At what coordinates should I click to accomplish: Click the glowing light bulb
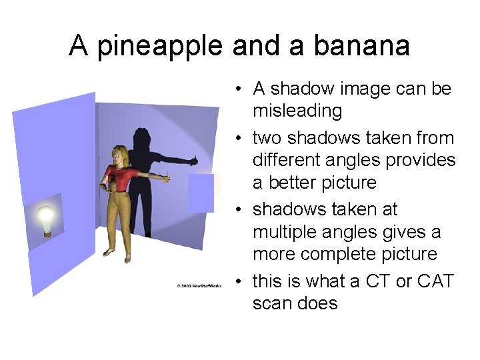click(45, 218)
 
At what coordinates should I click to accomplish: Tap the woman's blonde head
click(120, 156)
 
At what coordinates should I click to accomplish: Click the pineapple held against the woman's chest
click(111, 179)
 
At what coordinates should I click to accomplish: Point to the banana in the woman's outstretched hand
click(167, 177)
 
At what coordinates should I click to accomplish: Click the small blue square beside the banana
click(201, 193)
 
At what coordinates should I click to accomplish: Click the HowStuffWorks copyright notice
click(199, 285)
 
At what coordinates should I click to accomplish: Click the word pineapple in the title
click(160, 46)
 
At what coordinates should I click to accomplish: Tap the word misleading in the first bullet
click(297, 111)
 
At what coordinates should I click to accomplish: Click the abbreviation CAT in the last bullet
click(435, 281)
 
